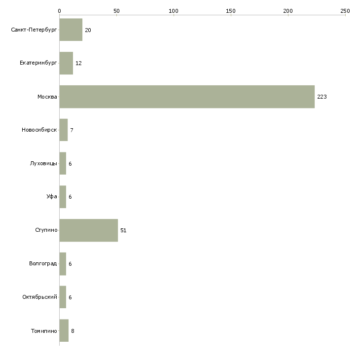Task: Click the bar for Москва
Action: (x=187, y=97)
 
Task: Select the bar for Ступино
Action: (x=89, y=230)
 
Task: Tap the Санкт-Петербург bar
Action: (x=71, y=30)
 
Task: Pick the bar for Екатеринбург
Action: (x=66, y=63)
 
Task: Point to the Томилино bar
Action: (x=64, y=331)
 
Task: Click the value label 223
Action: (x=322, y=97)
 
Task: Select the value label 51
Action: (x=124, y=230)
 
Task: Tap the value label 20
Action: (x=88, y=30)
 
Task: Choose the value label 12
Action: (x=78, y=63)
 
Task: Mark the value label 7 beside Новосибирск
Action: (x=72, y=130)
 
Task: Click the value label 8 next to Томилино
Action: (x=72, y=331)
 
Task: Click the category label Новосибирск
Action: (x=39, y=130)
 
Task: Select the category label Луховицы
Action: (x=43, y=164)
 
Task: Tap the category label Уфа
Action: (x=51, y=197)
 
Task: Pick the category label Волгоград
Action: (x=43, y=264)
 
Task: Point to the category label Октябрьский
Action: (x=39, y=297)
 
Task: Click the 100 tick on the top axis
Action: (x=174, y=10)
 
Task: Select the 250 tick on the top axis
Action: (x=345, y=10)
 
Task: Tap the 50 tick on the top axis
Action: (x=116, y=10)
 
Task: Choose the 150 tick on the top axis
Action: (x=231, y=10)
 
